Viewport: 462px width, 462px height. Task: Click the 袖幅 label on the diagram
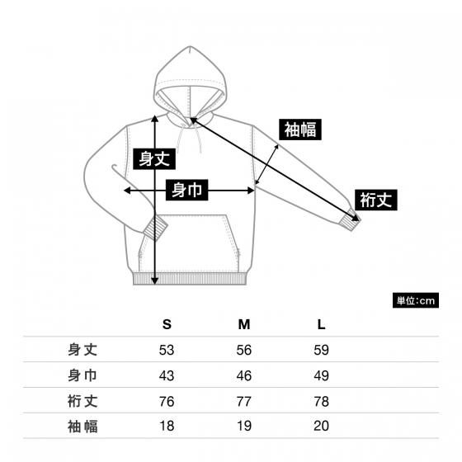pyautogui.click(x=300, y=130)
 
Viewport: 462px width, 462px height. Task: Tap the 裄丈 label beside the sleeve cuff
pyautogui.click(x=376, y=200)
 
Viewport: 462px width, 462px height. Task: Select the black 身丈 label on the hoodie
pyautogui.click(x=154, y=158)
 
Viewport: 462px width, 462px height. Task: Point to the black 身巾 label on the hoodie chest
pyautogui.click(x=186, y=190)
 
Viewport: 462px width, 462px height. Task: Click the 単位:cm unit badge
pyautogui.click(x=416, y=300)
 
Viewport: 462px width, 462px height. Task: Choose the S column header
pyautogui.click(x=167, y=324)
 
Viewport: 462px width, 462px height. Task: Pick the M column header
pyautogui.click(x=244, y=324)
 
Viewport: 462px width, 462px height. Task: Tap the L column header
pyautogui.click(x=321, y=324)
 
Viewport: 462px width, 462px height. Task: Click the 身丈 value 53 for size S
pyautogui.click(x=167, y=350)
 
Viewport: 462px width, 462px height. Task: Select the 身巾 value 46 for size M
pyautogui.click(x=244, y=375)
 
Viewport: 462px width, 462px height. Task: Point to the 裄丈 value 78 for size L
pyautogui.click(x=321, y=401)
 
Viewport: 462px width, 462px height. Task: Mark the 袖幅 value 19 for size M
pyautogui.click(x=244, y=426)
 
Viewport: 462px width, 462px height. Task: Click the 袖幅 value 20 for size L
pyautogui.click(x=321, y=426)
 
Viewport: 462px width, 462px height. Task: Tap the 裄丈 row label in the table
pyautogui.click(x=82, y=401)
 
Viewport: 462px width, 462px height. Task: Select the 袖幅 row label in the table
pyautogui.click(x=82, y=427)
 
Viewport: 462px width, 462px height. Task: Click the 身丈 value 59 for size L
pyautogui.click(x=321, y=350)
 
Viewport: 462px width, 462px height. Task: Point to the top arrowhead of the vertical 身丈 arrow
pyautogui.click(x=155, y=118)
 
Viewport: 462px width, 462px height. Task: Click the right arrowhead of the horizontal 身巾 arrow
pyautogui.click(x=251, y=191)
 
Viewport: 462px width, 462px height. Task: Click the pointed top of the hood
pyautogui.click(x=190, y=46)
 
